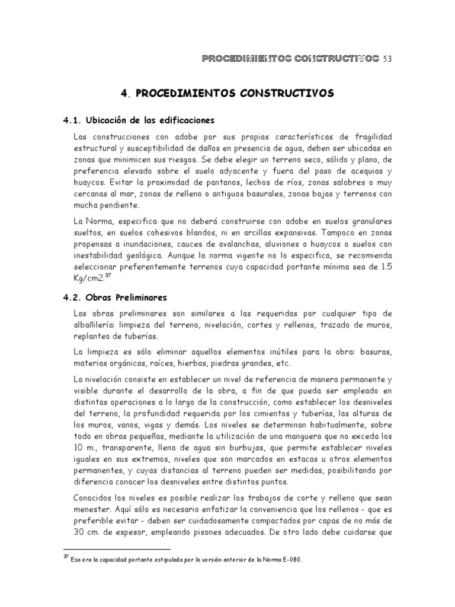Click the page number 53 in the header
point(388,59)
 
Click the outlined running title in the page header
point(290,59)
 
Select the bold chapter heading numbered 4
point(227,93)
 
